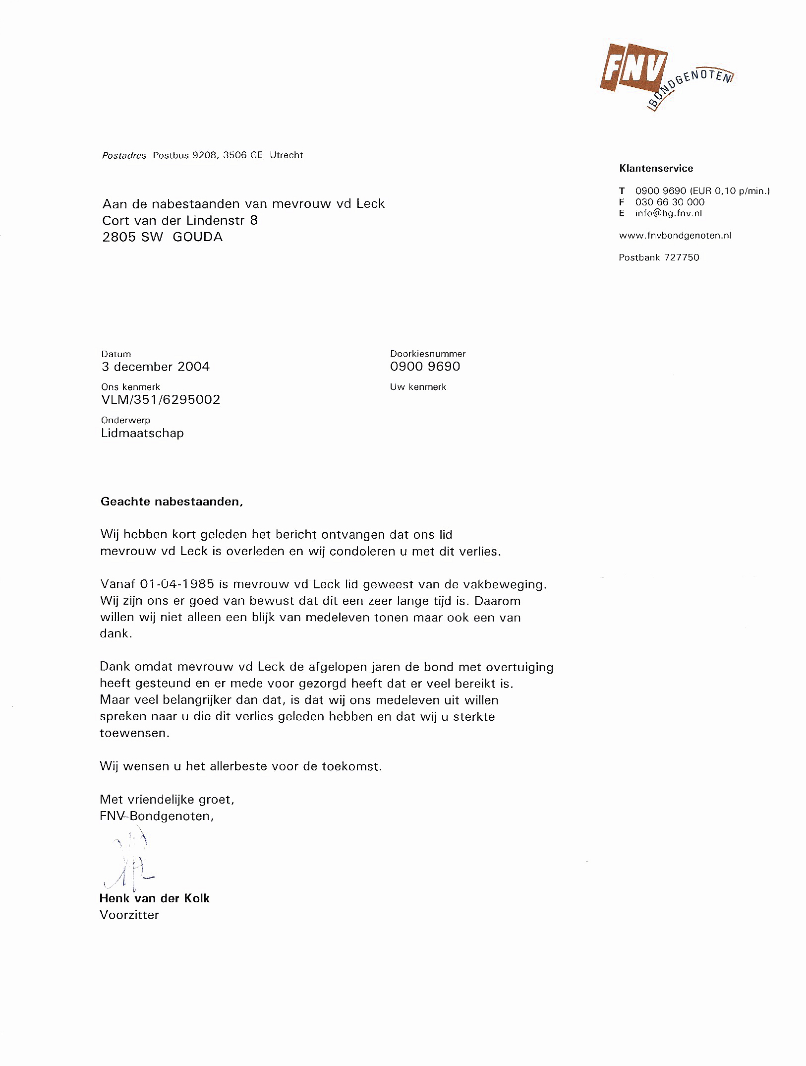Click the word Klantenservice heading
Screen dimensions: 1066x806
pyautogui.click(x=656, y=168)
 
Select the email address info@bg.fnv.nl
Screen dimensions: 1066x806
pyautogui.click(x=668, y=213)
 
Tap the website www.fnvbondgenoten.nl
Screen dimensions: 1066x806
pyautogui.click(x=675, y=236)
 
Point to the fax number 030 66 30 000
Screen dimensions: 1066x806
pyautogui.click(x=670, y=202)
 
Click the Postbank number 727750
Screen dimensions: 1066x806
pyautogui.click(x=682, y=257)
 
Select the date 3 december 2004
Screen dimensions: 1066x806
pyautogui.click(x=156, y=367)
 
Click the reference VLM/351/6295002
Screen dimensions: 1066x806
pyautogui.click(x=161, y=399)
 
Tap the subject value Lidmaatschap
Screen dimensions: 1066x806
pyautogui.click(x=142, y=433)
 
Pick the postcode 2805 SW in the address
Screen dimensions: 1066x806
pyautogui.click(x=132, y=237)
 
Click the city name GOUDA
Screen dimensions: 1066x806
pyautogui.click(x=198, y=237)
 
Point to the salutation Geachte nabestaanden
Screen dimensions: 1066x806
pyautogui.click(x=172, y=502)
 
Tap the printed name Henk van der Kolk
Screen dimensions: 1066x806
pyautogui.click(x=155, y=898)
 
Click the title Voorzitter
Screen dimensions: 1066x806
pyautogui.click(x=129, y=915)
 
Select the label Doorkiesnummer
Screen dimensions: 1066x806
pyautogui.click(x=428, y=354)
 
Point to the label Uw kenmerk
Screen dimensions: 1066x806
pyautogui.click(x=418, y=387)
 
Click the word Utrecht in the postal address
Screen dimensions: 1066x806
pyautogui.click(x=286, y=155)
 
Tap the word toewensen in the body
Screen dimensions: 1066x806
pyautogui.click(x=134, y=733)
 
